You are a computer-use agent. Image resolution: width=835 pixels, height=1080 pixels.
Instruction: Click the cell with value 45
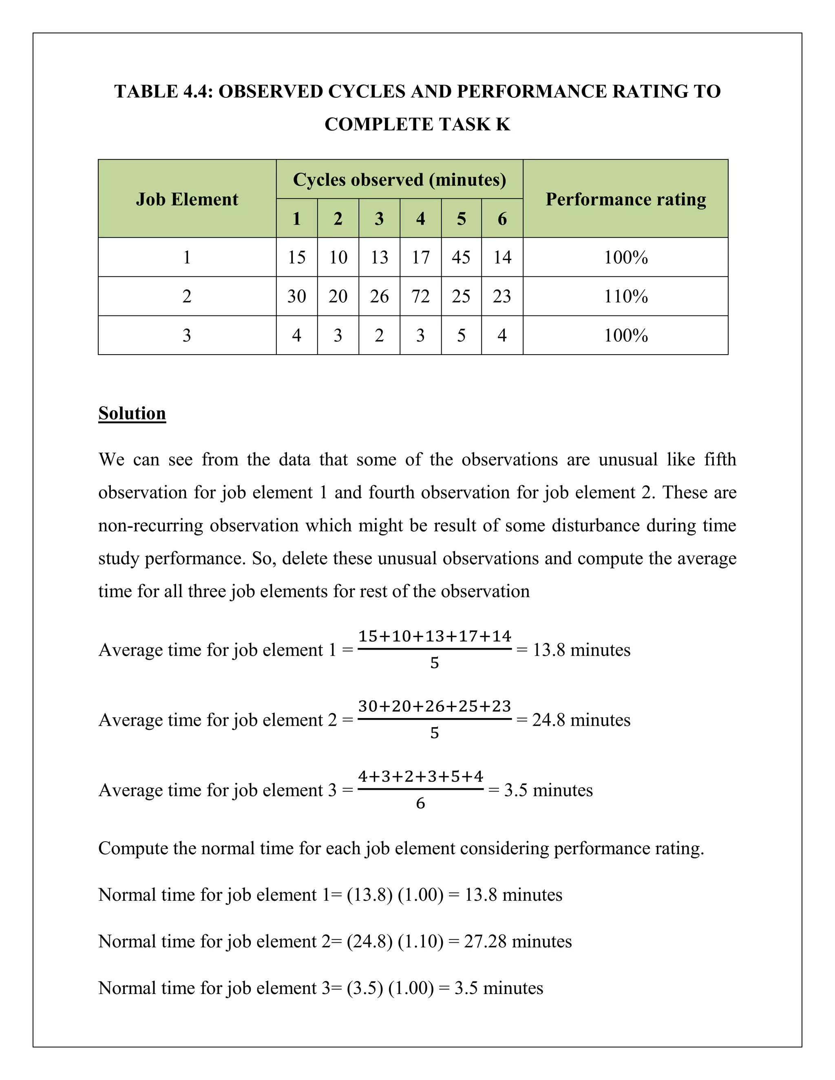point(461,257)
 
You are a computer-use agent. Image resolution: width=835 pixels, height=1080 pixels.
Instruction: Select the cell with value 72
point(420,296)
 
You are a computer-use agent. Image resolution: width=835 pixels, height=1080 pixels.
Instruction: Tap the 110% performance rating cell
point(625,296)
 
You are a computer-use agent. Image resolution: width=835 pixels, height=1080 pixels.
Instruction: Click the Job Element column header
point(187,199)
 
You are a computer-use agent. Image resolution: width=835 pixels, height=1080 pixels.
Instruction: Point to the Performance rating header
point(625,199)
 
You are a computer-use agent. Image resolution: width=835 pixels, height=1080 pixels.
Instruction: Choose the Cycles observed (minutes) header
point(399,179)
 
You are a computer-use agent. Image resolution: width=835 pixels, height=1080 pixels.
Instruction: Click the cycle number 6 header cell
point(502,218)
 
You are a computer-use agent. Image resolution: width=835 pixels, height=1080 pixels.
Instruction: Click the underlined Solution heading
point(132,413)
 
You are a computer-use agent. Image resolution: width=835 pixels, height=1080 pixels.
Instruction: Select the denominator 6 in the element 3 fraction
point(420,803)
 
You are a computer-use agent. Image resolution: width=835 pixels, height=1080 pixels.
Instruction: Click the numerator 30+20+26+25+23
point(434,706)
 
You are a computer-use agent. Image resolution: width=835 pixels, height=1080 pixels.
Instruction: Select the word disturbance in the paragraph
point(596,525)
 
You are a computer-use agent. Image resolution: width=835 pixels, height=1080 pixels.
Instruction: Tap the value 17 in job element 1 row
point(420,257)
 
